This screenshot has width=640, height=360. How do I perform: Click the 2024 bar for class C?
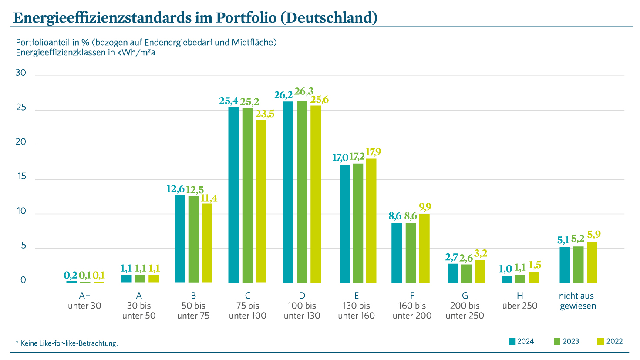[233, 195]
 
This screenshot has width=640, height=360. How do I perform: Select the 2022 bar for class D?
[316, 194]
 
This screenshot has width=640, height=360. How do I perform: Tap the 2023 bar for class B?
[193, 239]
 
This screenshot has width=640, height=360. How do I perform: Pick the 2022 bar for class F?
[424, 248]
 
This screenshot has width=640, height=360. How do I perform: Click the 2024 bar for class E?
[345, 224]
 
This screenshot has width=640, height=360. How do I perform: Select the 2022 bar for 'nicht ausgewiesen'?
[592, 262]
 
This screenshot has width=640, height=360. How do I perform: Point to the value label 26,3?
[303, 92]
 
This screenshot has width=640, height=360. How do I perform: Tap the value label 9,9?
[425, 207]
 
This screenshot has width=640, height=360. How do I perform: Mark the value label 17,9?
[373, 152]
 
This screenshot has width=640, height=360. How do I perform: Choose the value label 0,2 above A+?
[70, 275]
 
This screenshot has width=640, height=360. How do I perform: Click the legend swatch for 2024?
[512, 341]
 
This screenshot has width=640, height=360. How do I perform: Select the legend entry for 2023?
[566, 341]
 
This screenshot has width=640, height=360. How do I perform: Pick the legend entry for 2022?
[610, 341]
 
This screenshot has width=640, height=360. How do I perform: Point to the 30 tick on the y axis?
[21, 73]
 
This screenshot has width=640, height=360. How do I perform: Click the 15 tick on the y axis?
[21, 177]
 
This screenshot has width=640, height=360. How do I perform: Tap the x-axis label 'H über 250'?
[519, 301]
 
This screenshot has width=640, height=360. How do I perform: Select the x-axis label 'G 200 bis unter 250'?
[465, 306]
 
